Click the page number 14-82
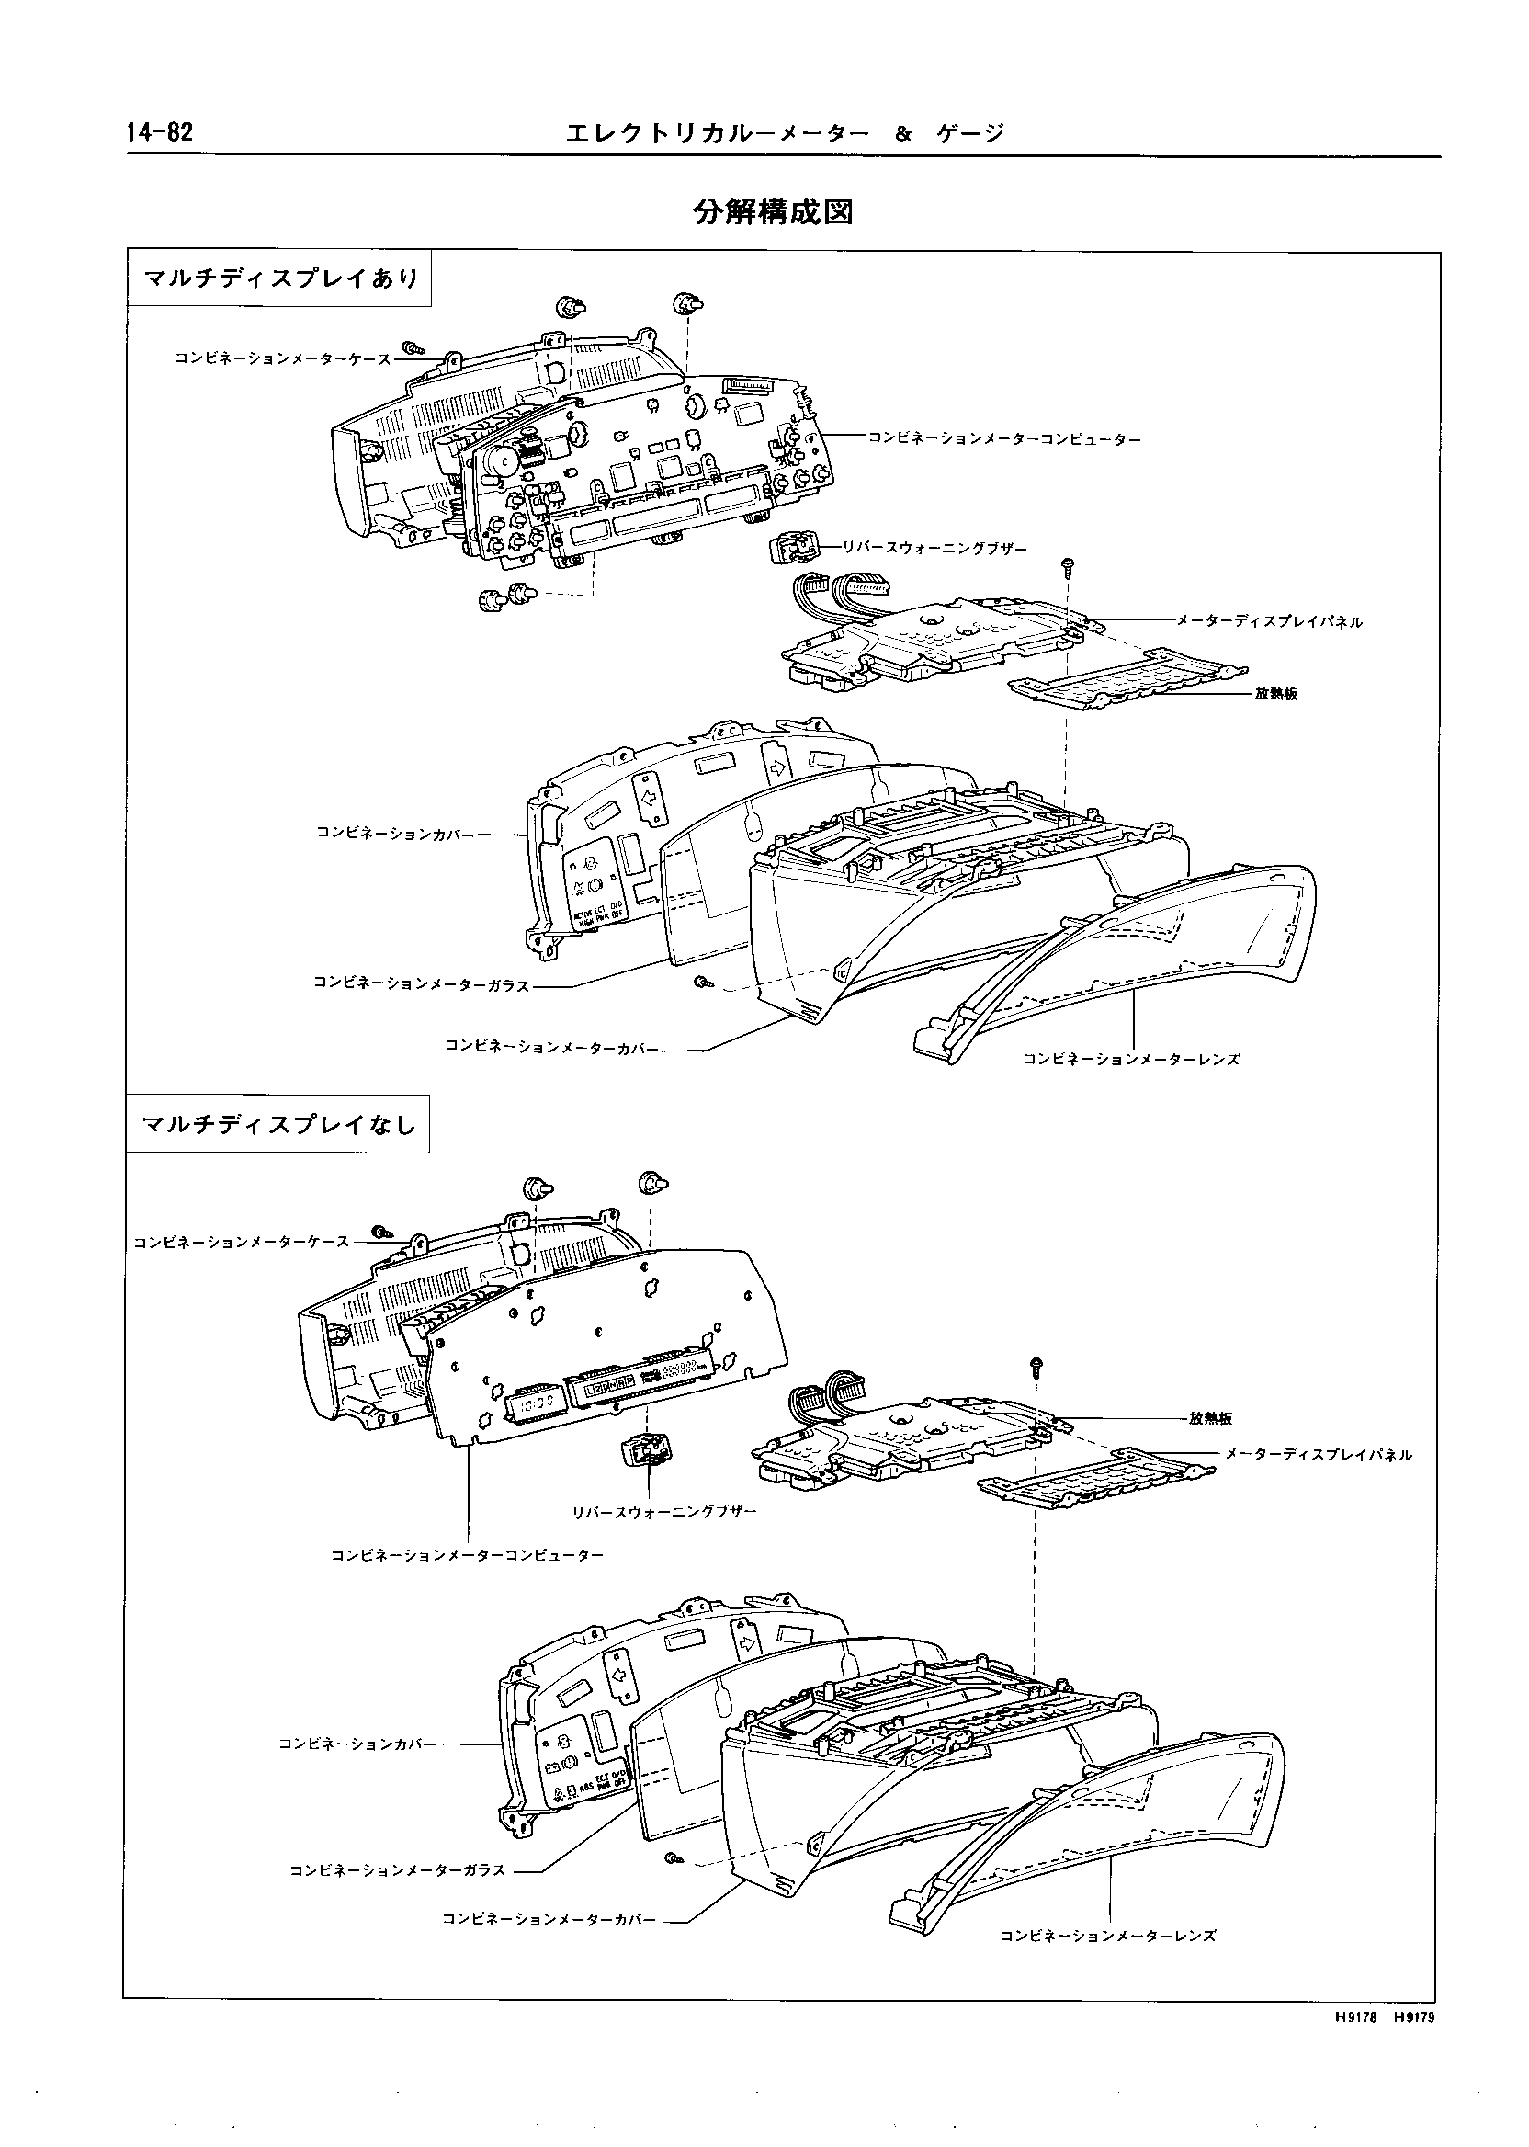point(158,132)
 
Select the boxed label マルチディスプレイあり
point(279,278)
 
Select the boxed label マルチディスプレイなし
point(278,1123)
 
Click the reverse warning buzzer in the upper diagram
point(794,547)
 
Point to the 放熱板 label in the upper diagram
point(1275,694)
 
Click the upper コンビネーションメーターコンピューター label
point(1004,438)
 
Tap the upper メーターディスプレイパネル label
point(1268,621)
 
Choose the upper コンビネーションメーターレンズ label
point(1131,1060)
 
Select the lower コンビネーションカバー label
point(357,1744)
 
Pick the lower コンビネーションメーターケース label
point(241,1242)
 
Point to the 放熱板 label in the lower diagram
point(1210,1418)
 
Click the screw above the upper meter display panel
point(1068,566)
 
